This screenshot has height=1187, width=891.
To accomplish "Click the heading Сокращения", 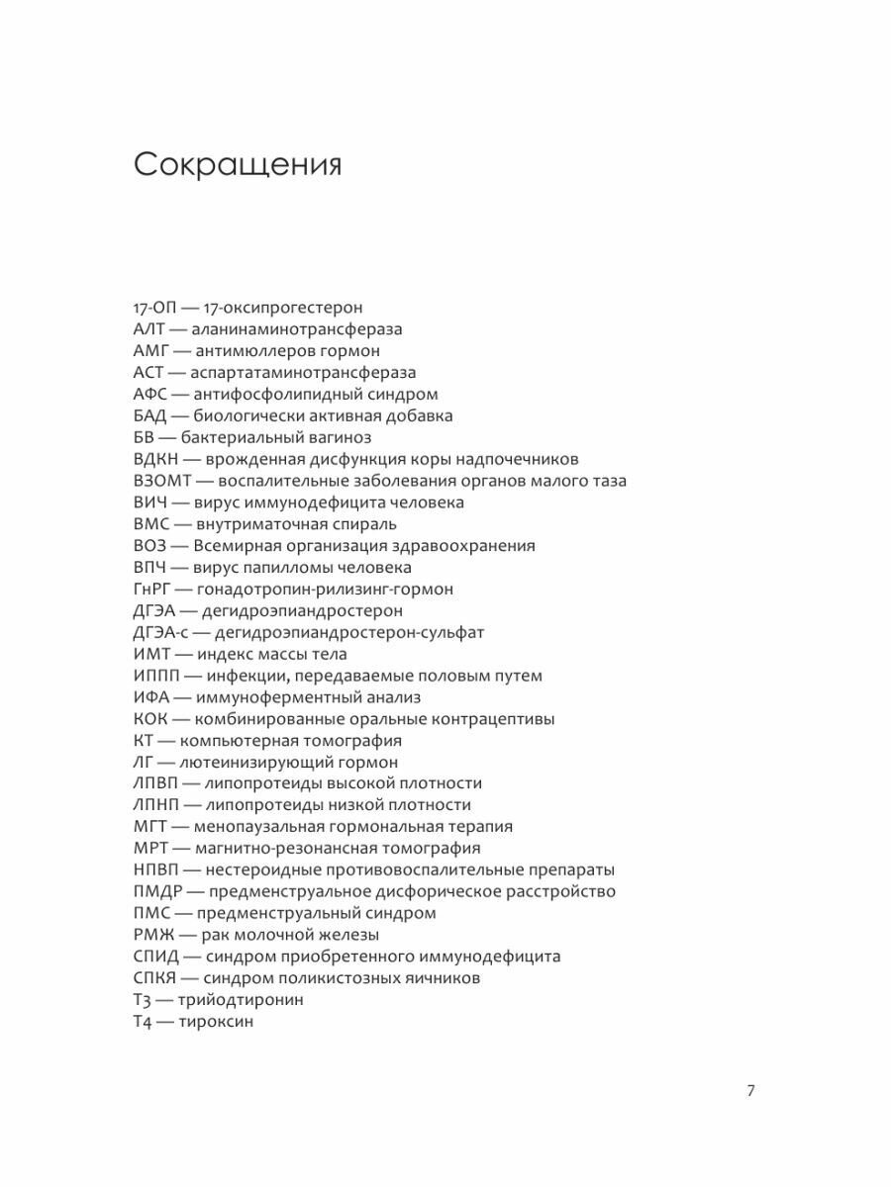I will pyautogui.click(x=238, y=165).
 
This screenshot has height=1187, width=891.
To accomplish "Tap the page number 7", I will pyautogui.click(x=750, y=1091).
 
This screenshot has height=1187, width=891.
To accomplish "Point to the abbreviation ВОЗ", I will pyautogui.click(x=151, y=545).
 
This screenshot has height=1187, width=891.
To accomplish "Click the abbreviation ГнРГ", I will pyautogui.click(x=154, y=589).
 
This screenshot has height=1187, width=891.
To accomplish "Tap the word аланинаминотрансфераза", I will pyautogui.click(x=297, y=329).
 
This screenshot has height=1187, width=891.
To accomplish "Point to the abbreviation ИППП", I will pyautogui.click(x=156, y=676).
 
